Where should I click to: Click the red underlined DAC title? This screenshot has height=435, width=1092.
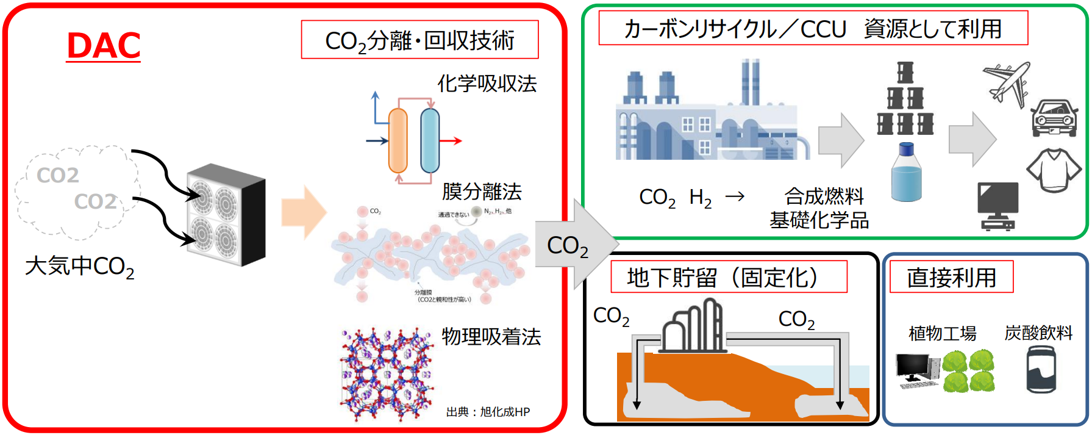point(104,46)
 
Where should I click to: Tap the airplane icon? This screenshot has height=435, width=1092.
point(1006,84)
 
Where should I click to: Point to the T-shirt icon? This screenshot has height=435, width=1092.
point(1053,169)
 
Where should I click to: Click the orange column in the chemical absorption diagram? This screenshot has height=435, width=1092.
point(398,140)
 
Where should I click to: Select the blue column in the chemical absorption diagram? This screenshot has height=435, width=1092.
point(430,140)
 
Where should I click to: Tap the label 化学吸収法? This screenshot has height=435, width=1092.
point(487,84)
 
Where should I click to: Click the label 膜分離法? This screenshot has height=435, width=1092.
point(482,192)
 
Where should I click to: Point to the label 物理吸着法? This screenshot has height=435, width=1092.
point(491,336)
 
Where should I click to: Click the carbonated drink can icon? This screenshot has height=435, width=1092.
point(1041,370)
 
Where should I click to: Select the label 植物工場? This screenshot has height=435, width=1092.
point(942,333)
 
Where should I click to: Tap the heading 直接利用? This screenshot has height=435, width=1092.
point(951,278)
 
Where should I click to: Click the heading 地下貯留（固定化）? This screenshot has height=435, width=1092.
point(729,278)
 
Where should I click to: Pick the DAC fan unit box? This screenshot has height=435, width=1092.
point(226,215)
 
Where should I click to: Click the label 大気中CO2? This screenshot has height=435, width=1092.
point(79,267)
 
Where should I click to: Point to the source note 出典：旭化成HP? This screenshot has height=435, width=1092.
point(488,412)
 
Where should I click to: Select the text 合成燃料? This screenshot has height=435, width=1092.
point(824,196)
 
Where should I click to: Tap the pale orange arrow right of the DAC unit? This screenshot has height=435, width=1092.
point(303,212)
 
